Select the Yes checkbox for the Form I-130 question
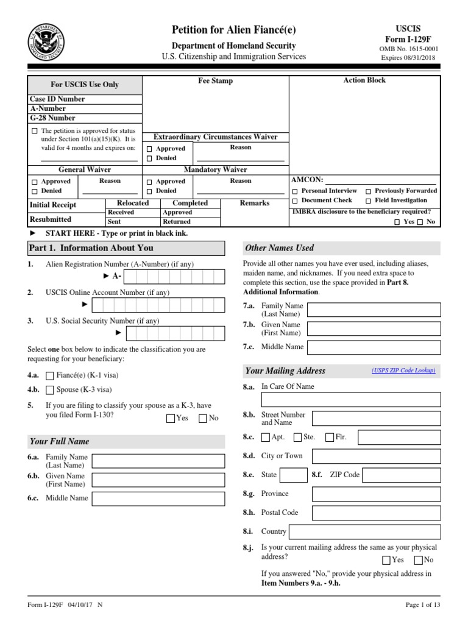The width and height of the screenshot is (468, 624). click(170, 418)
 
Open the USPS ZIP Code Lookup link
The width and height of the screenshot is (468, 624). click(403, 370)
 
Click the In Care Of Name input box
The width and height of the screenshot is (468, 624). click(350, 400)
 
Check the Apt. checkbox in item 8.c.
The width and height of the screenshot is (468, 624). click(265, 437)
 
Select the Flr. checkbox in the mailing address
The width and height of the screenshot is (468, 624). click(330, 437)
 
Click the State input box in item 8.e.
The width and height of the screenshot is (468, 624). click(293, 475)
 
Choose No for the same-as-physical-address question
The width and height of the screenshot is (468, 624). click(419, 560)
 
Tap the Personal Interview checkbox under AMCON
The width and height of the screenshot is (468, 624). click(296, 191)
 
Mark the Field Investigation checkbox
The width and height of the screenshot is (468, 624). click(369, 200)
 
